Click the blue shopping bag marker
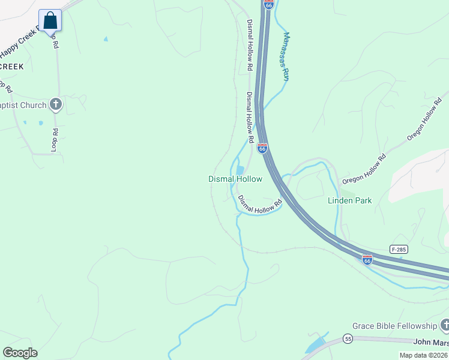click(x=50, y=21)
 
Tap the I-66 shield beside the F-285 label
click(x=367, y=260)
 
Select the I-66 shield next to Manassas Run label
click(x=268, y=4)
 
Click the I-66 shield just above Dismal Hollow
click(x=262, y=148)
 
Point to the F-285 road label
click(x=397, y=248)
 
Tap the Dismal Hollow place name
click(x=235, y=179)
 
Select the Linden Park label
click(x=349, y=200)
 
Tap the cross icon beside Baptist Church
click(x=56, y=105)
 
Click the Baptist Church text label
click(x=23, y=106)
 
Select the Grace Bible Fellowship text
click(x=394, y=326)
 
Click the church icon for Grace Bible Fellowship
click(x=445, y=325)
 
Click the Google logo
click(x=20, y=353)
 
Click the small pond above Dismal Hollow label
click(x=240, y=170)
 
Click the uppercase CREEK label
click(x=11, y=67)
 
